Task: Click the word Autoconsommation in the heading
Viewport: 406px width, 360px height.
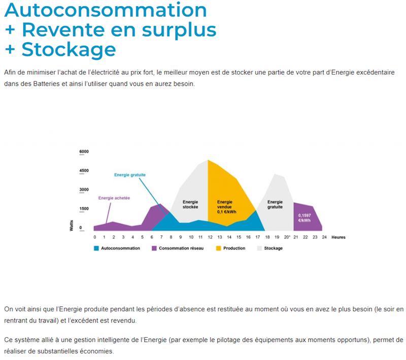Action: coord(106,10)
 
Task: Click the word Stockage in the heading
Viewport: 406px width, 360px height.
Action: coord(69,49)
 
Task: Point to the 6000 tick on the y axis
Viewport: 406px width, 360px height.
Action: coord(84,152)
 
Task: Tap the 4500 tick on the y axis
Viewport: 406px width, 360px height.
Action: coord(84,171)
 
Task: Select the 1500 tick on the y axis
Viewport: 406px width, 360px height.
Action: coord(84,209)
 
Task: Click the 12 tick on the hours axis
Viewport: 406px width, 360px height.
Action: coord(210,237)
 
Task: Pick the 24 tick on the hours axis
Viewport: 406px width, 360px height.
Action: coord(324,237)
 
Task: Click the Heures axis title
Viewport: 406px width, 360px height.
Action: coord(339,237)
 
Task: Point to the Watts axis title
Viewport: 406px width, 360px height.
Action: coord(72,226)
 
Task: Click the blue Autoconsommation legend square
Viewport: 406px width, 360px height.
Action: coord(96,248)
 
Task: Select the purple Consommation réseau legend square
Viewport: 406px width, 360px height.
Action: coord(154,248)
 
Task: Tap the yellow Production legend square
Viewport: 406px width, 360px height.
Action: coord(219,248)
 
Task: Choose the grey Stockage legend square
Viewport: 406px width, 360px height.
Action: coord(259,248)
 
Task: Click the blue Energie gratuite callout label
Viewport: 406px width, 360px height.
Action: coord(130,175)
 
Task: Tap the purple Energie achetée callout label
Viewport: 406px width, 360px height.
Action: coord(114,198)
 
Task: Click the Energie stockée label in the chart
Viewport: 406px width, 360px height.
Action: coord(190,204)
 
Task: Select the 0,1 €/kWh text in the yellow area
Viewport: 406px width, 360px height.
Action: coord(227,212)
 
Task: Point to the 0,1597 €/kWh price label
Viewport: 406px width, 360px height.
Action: coord(304,218)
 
